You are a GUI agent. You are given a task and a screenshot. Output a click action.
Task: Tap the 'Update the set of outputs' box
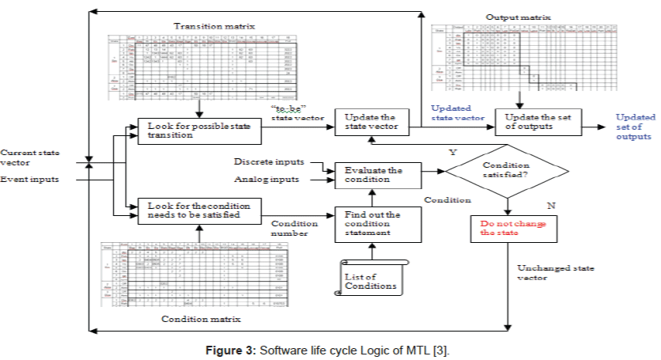pyautogui.click(x=539, y=123)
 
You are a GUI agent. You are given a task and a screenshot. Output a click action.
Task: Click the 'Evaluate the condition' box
pyautogui.click(x=373, y=175)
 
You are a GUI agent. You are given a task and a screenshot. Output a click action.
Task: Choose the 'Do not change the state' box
pyautogui.click(x=507, y=228)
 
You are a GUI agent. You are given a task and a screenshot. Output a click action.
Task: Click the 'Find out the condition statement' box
pyautogui.click(x=373, y=225)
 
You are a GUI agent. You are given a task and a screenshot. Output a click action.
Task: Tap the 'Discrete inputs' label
pyautogui.click(x=269, y=161)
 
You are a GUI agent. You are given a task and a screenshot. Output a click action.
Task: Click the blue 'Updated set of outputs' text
pyautogui.click(x=636, y=127)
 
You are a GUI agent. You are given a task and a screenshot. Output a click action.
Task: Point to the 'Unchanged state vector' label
pyautogui.click(x=545, y=273)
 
